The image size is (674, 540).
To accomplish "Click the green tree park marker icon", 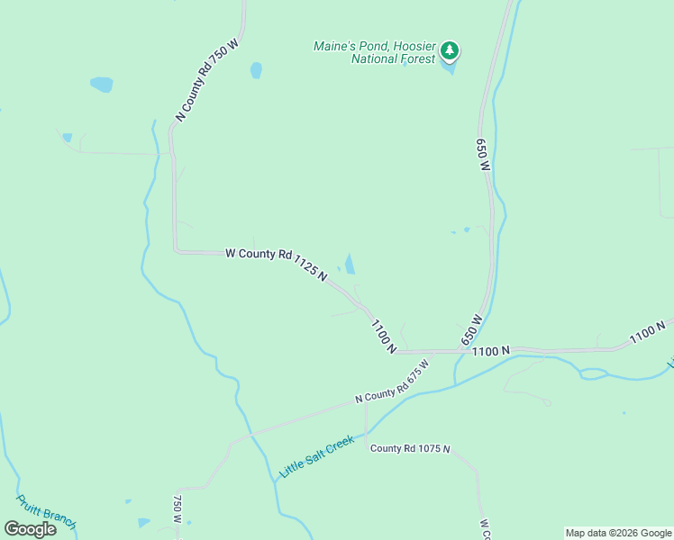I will tap(450, 51).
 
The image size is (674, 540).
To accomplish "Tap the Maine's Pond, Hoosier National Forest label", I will tap(374, 52).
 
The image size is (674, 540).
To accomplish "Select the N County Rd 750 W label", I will tap(207, 79).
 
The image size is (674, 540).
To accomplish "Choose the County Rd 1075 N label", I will tap(410, 448).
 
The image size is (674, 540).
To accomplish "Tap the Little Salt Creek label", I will tap(316, 456).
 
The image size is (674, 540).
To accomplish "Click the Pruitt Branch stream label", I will tap(46, 512).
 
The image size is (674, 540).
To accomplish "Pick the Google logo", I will tap(31, 529).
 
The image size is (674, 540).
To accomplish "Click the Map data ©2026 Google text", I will tap(617, 533).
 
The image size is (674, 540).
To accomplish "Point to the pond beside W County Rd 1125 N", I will tap(349, 264).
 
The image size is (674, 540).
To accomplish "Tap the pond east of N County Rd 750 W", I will tap(256, 70).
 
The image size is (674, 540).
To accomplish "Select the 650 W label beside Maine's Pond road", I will tap(483, 154).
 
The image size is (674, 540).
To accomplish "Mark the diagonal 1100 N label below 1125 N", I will tap(383, 336).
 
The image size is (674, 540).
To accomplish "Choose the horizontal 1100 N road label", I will tap(491, 350).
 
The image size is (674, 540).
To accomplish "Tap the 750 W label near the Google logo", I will tap(178, 510).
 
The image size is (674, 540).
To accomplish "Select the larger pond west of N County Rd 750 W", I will tap(102, 85).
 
